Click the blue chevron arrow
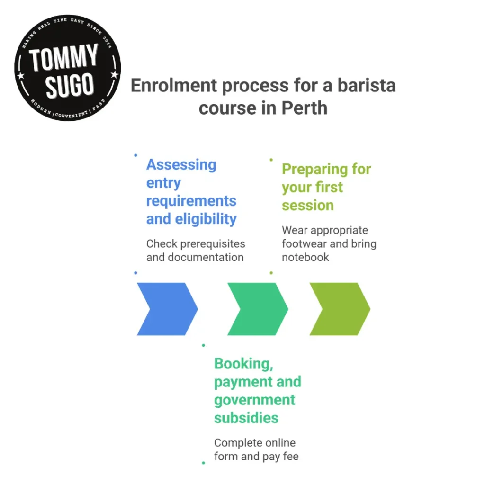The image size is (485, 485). point(163,309)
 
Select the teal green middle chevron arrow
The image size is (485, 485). point(254,309)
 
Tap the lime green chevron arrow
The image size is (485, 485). point(336,309)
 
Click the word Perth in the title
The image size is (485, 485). point(305,108)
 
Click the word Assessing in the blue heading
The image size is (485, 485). point(181,165)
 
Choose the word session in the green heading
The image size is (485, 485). point(307,205)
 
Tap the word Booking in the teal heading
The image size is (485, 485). point(242,364)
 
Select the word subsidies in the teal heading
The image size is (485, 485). point(246,418)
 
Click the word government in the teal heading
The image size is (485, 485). point(254,400)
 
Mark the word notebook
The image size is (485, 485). point(305,257)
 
